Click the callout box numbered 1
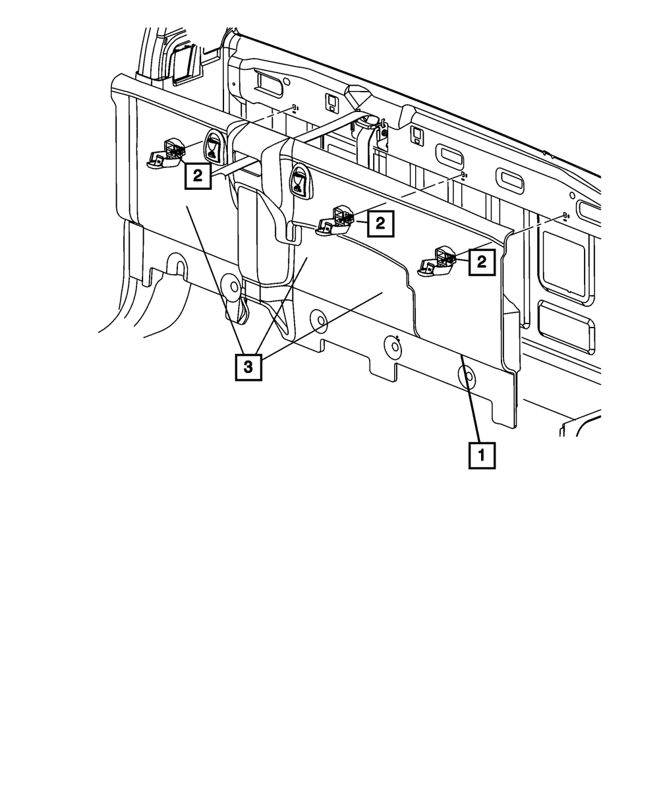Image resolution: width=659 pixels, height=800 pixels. (x=481, y=455)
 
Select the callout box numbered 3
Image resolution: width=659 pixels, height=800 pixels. (x=248, y=368)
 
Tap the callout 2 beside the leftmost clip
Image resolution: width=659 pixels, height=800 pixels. (x=198, y=176)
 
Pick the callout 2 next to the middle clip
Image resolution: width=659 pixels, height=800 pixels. (x=380, y=224)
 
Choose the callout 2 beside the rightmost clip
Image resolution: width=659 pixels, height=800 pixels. (x=482, y=262)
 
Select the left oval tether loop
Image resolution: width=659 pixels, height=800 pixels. (x=214, y=146)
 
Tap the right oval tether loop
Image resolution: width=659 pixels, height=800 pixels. (x=299, y=180)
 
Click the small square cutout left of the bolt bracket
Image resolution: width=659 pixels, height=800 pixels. (x=332, y=103)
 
